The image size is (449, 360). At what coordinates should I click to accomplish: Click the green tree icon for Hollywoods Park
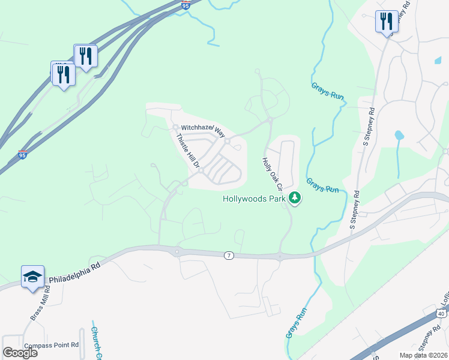(x=294, y=197)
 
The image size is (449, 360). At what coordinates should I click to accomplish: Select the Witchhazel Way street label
(x=202, y=128)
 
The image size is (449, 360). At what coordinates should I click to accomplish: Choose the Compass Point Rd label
(x=52, y=345)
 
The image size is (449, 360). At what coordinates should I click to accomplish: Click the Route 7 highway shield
(x=229, y=256)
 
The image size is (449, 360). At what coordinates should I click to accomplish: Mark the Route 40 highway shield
(x=441, y=313)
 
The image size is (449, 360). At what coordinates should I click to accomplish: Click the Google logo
(x=20, y=352)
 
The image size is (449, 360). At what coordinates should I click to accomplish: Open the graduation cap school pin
(x=32, y=277)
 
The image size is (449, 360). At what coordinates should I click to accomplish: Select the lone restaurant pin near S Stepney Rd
(x=385, y=22)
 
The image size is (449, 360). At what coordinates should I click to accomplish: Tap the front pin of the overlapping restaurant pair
(x=63, y=74)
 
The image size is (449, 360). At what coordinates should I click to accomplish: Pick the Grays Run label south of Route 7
(x=297, y=323)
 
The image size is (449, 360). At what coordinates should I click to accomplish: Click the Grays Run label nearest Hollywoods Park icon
(x=322, y=185)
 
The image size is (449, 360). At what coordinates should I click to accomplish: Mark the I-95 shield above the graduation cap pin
(x=23, y=155)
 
